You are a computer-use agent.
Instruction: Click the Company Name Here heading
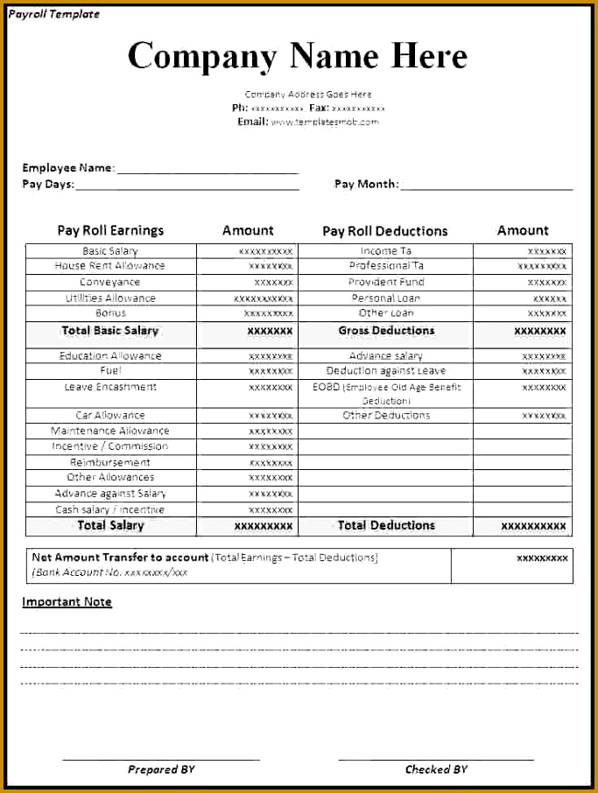298,56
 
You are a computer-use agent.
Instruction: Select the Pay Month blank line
487,186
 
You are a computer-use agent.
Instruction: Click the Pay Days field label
48,185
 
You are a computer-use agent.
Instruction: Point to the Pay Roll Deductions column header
384,231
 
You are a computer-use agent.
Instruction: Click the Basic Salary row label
110,251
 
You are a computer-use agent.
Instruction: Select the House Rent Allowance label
109,266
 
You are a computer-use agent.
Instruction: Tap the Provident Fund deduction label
386,282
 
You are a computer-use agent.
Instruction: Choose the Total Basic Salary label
110,331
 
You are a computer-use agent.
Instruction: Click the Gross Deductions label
386,331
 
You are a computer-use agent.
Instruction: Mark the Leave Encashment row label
110,387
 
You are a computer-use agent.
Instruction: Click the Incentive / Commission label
110,446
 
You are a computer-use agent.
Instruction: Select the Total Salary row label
110,525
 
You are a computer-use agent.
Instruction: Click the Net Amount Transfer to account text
120,558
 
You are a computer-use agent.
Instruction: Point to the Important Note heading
67,602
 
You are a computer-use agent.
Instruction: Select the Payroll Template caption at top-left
53,14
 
